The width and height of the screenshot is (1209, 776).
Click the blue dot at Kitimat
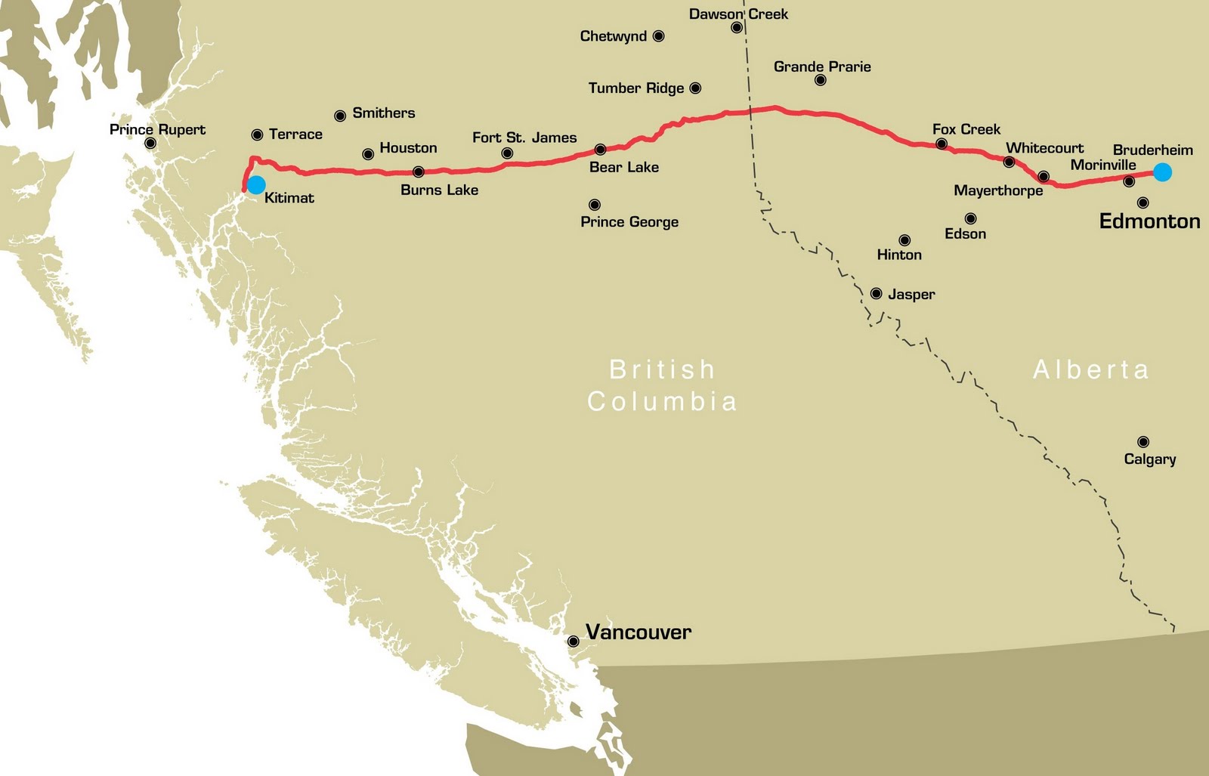256,184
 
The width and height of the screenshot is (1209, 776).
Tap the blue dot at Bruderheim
1162,172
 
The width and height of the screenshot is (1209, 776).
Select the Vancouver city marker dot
574,642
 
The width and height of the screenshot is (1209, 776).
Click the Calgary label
1149,459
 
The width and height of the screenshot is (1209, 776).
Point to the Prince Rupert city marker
150,143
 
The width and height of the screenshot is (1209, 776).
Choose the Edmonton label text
1149,221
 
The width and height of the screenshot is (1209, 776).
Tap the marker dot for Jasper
876,293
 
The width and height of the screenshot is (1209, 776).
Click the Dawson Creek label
738,14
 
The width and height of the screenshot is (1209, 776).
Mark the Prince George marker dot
595,205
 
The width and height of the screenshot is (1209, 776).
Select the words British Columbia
662,385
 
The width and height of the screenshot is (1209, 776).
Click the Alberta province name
1090,369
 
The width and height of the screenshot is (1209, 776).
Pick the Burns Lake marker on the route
419,172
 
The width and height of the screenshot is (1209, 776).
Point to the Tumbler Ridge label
635,88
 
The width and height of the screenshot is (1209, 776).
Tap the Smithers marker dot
340,116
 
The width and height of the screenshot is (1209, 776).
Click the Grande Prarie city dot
821,80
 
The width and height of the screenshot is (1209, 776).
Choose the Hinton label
899,255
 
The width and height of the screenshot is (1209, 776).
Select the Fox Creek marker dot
942,144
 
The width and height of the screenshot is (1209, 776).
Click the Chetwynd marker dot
658,36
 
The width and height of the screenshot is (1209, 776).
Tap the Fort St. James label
524,138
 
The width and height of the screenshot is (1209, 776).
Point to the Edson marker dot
970,219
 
